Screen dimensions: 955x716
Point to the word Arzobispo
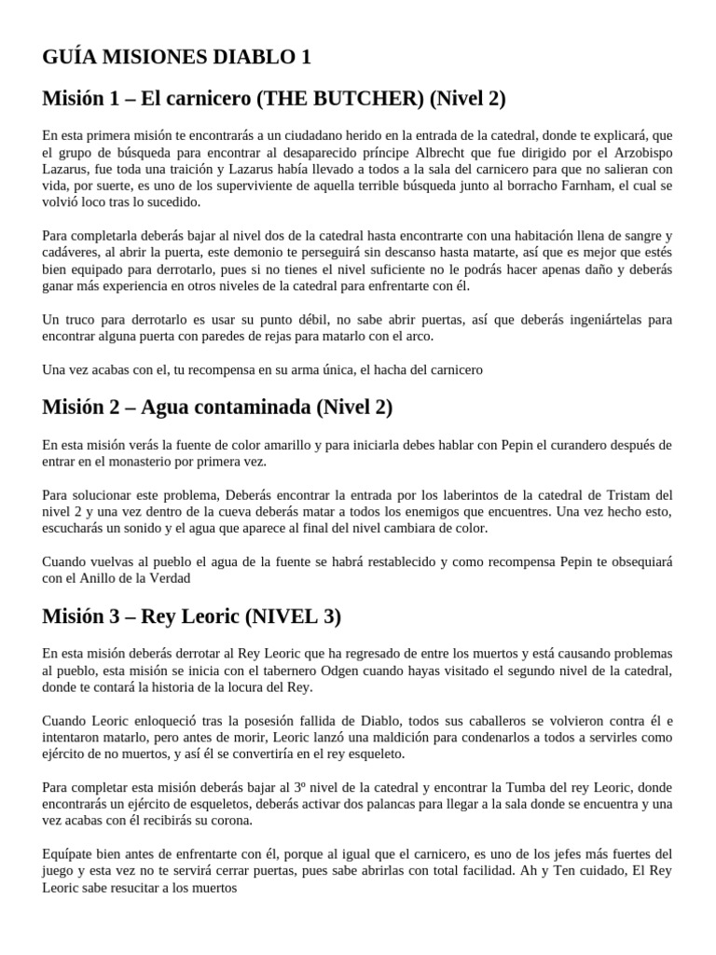pos(640,151)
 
